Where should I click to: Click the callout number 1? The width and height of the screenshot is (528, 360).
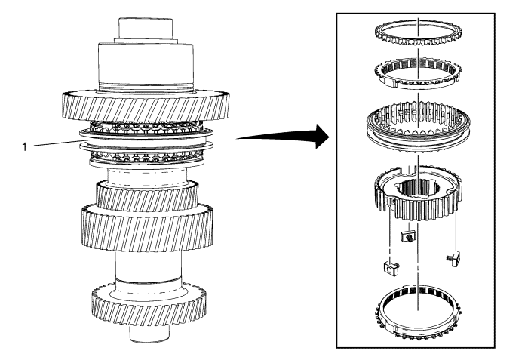point(26,146)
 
